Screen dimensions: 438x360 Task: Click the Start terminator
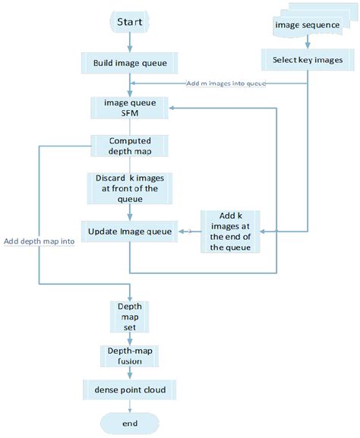coord(129,23)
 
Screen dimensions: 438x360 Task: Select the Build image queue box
coord(129,63)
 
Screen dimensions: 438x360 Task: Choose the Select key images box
coord(307,60)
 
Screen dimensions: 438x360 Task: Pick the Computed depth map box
coord(129,146)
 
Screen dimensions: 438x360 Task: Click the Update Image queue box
coord(129,230)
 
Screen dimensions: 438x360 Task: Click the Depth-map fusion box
coord(129,354)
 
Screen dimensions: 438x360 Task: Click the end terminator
coord(129,423)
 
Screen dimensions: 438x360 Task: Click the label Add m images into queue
coord(226,83)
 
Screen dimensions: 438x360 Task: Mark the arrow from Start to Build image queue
coord(129,43)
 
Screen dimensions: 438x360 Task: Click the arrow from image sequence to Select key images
coord(307,44)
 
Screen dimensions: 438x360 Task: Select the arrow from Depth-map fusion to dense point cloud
coord(129,373)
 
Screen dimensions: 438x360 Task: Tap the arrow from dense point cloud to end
coord(129,406)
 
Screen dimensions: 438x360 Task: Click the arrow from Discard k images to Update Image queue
coord(129,211)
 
